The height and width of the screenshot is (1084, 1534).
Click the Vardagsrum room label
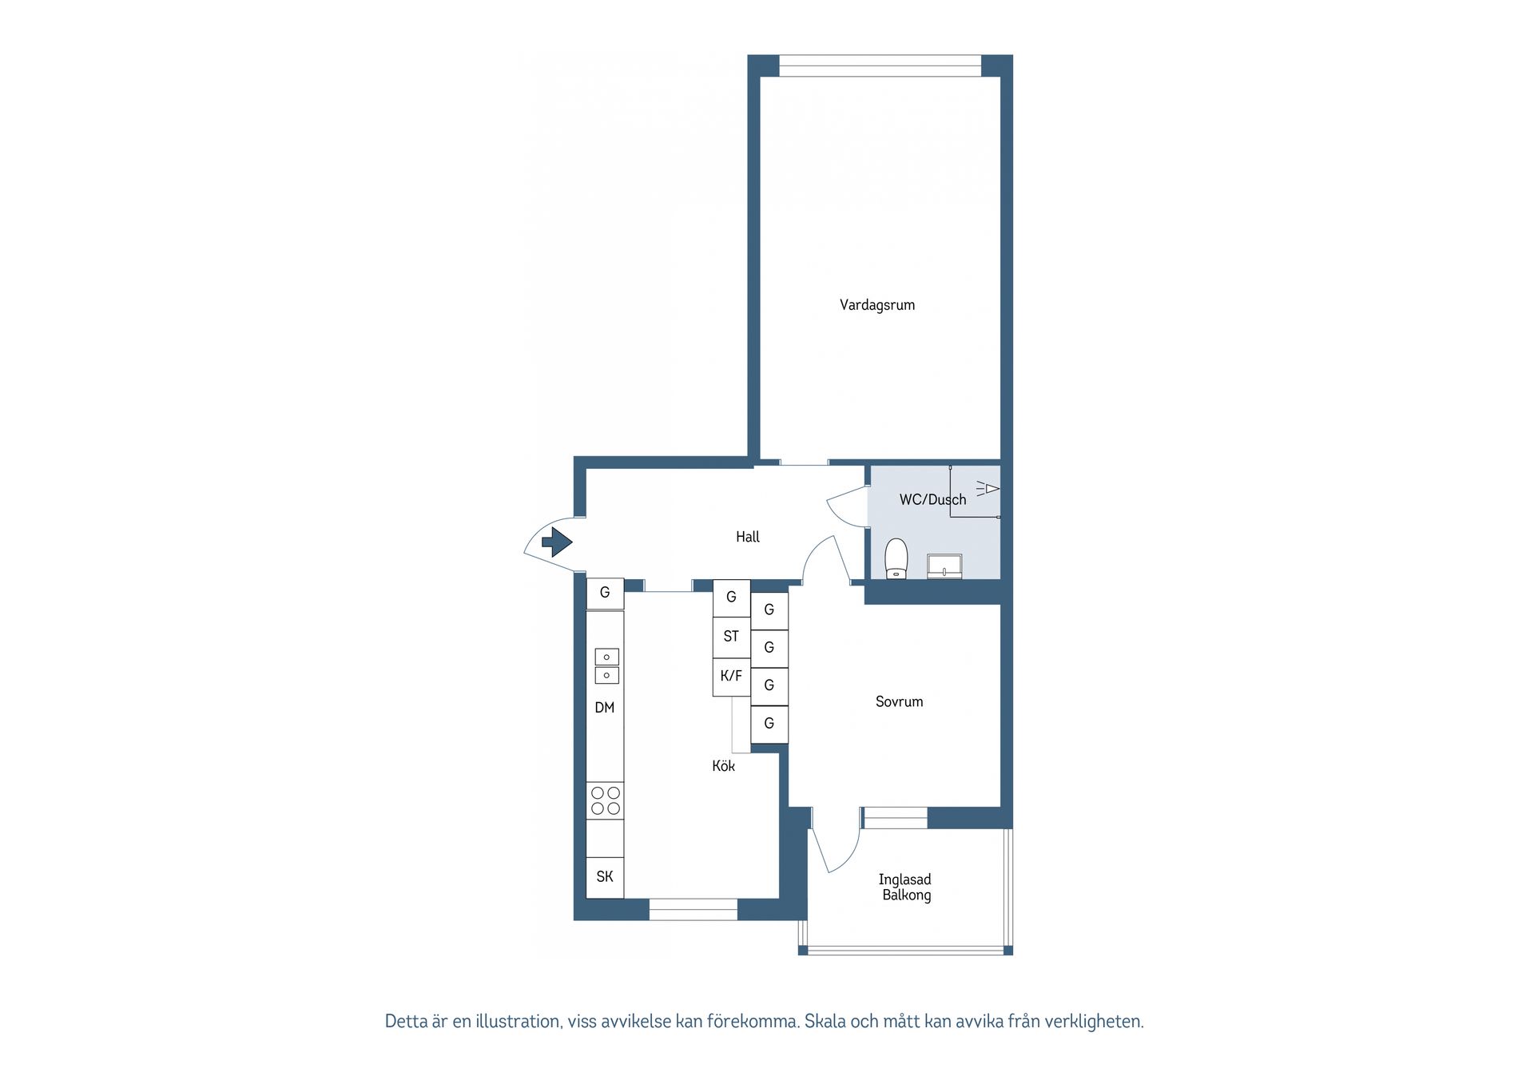pos(876,304)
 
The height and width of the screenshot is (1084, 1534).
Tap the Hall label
pos(747,537)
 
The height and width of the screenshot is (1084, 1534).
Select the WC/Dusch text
pos(932,499)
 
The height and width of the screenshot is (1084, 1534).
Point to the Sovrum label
pos(899,701)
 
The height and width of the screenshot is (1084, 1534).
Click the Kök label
pos(723,765)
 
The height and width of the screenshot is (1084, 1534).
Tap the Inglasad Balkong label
pos(905,887)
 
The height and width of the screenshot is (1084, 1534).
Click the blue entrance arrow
pos(557,543)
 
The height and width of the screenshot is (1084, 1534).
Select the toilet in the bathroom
pos(896,558)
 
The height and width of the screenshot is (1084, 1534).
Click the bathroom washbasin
pos(944,566)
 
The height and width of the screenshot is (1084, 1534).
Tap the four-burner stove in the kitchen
pos(605,800)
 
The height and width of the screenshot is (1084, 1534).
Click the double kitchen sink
pos(606,666)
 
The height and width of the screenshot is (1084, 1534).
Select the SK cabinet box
pos(605,876)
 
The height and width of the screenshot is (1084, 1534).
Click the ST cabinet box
pos(731,637)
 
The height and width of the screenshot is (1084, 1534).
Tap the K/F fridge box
pos(731,676)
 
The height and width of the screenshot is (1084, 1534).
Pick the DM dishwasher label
pos(605,707)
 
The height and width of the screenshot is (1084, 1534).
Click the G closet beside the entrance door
pos(605,593)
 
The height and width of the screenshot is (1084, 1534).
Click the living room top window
pos(880,66)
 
